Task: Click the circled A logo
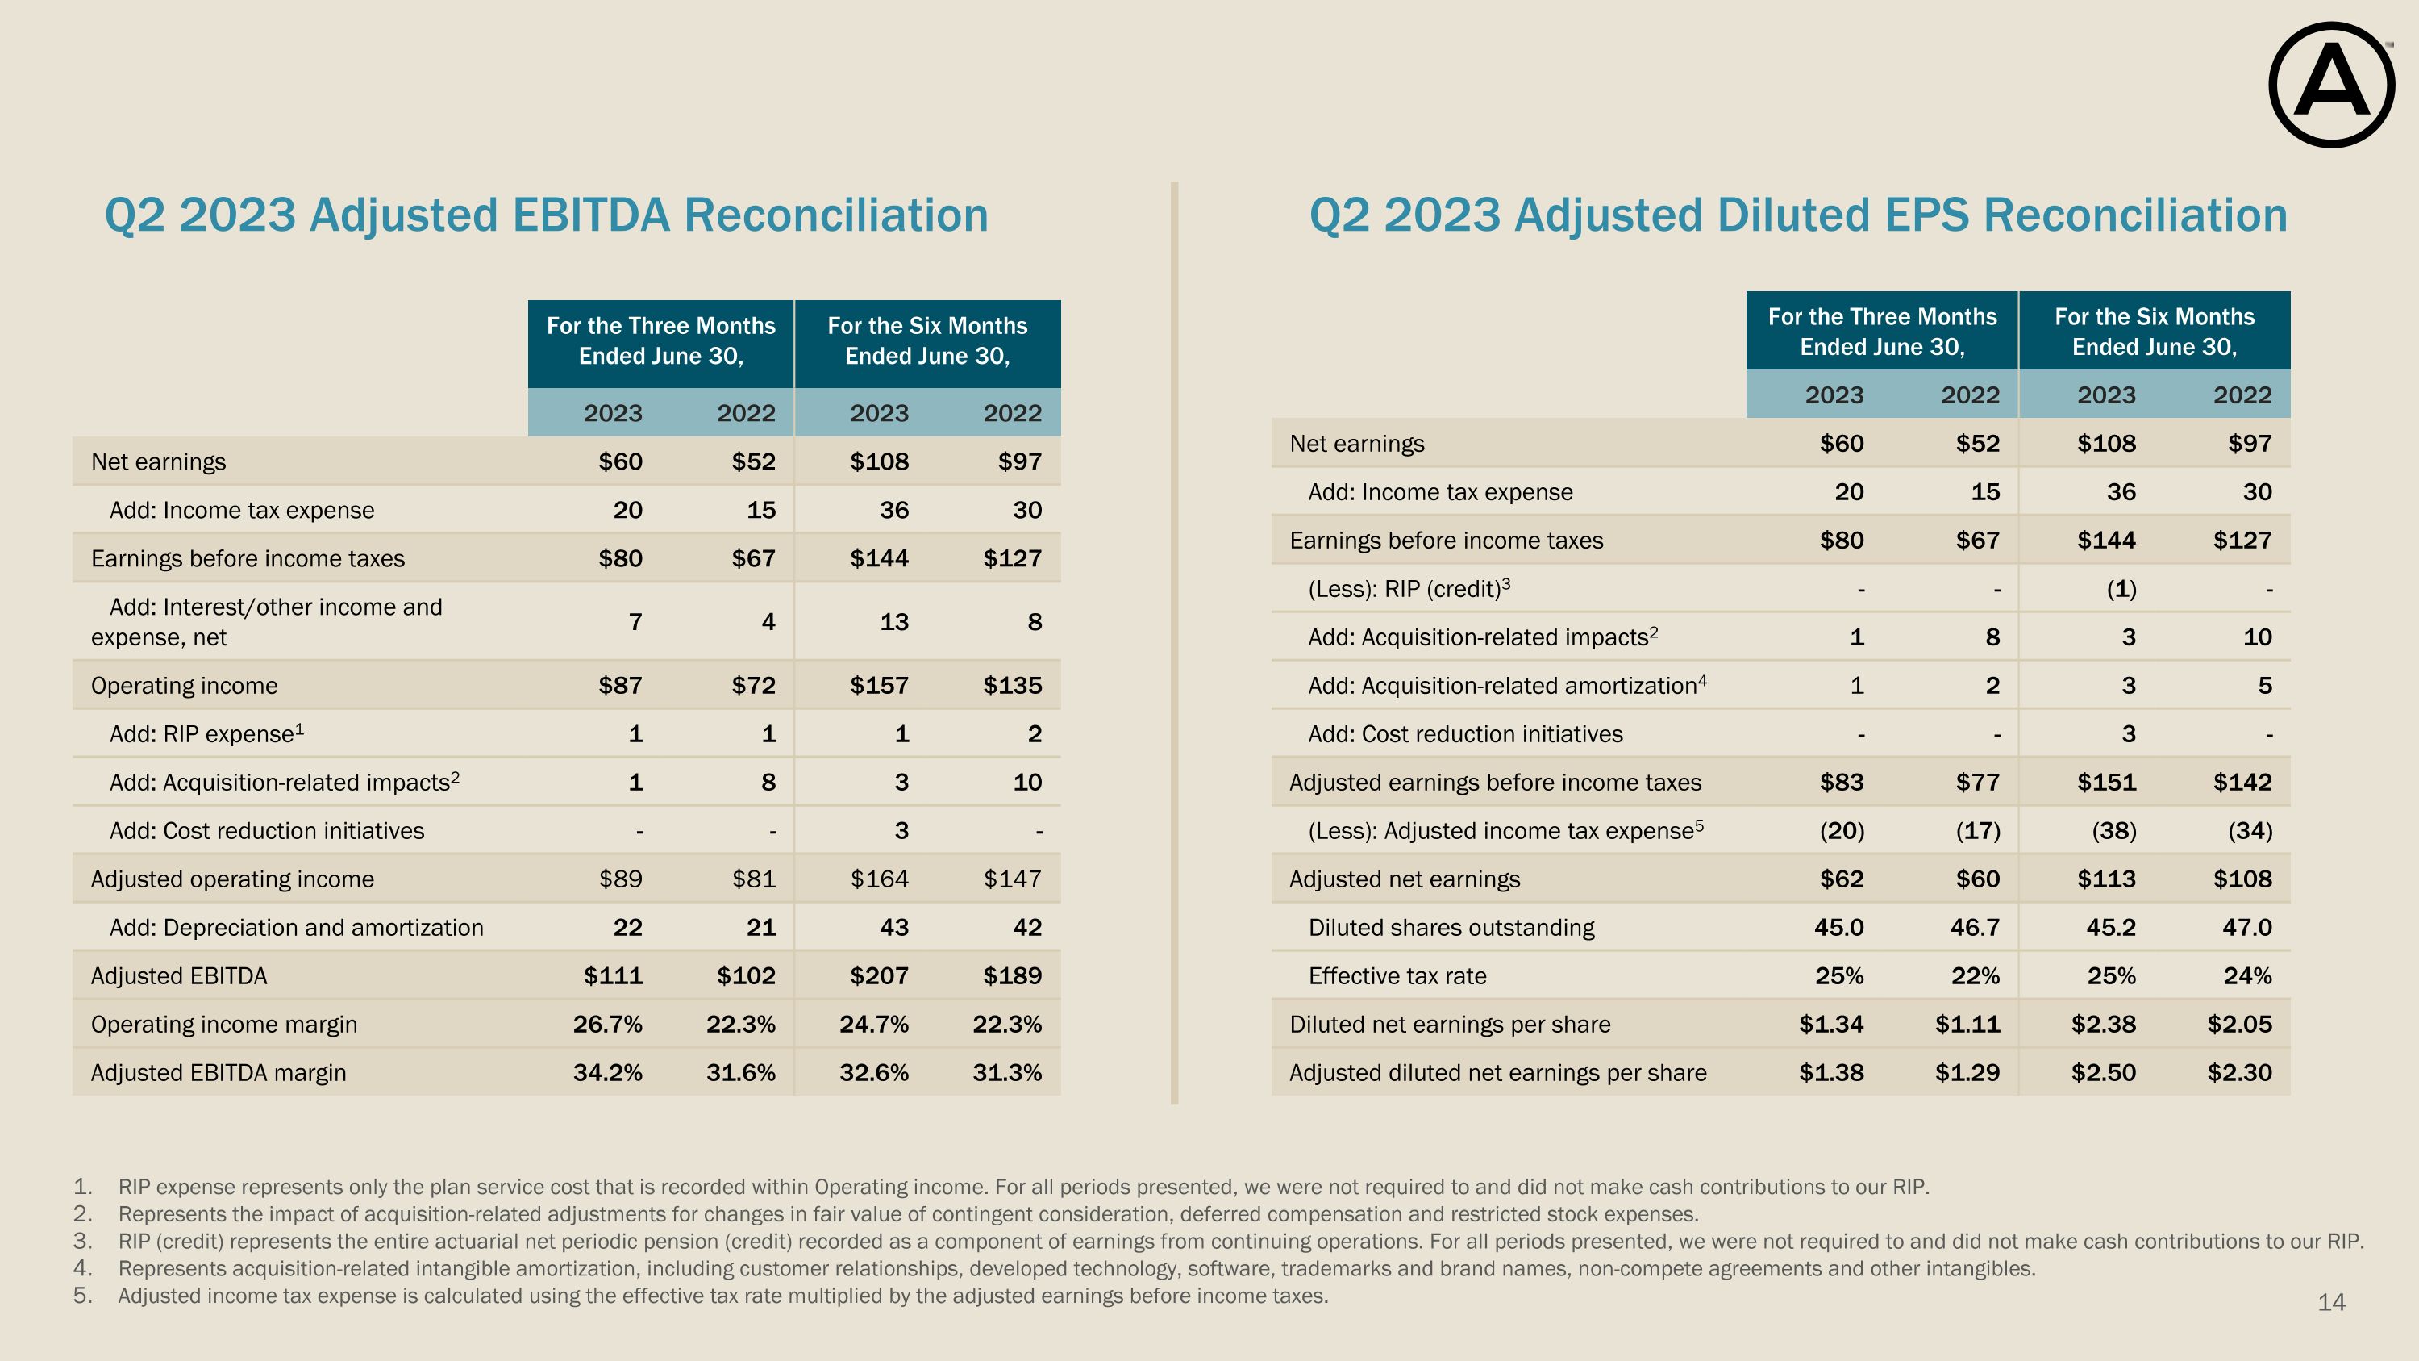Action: coord(2332,86)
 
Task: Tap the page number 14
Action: coord(2331,1303)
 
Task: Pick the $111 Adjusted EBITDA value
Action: coord(613,976)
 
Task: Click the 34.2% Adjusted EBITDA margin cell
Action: coord(607,1073)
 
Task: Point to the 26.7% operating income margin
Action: coord(607,1024)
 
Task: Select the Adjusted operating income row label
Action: coord(232,879)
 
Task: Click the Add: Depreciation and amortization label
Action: coord(297,928)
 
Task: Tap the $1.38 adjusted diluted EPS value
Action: coord(1831,1073)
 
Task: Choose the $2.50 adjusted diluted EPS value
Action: coord(2104,1073)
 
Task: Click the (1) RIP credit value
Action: coord(2121,589)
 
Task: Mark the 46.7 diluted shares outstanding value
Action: coord(1975,928)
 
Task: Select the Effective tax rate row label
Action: coord(1397,976)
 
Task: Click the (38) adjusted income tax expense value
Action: coord(2114,831)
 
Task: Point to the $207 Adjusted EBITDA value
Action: coord(879,976)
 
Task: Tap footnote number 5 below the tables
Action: coord(81,1296)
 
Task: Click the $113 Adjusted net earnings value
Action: coord(2106,879)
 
